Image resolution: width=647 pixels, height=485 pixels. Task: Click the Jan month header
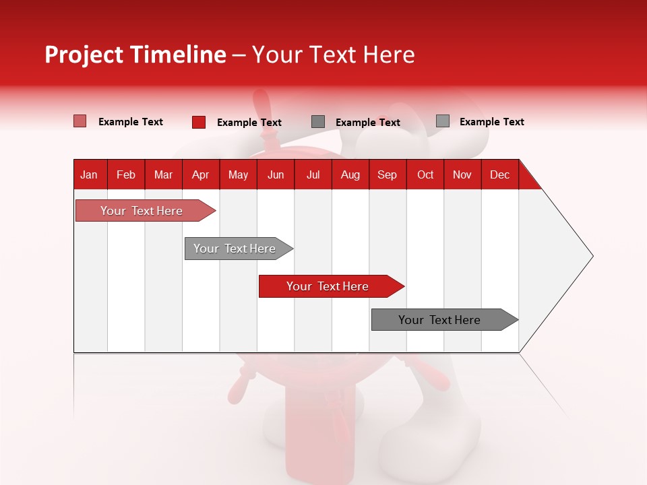click(89, 174)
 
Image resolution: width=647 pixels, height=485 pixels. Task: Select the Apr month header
click(201, 174)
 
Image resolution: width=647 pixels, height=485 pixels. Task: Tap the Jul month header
click(313, 174)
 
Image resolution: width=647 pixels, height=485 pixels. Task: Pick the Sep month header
click(387, 174)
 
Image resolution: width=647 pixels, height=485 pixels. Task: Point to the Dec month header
click(499, 174)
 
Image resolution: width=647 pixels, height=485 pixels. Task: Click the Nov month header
click(462, 174)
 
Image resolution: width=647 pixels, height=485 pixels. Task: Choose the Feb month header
click(126, 174)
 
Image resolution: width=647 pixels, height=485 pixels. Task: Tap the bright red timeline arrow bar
click(328, 286)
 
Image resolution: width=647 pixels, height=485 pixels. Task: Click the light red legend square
click(80, 121)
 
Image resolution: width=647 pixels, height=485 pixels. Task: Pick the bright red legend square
click(198, 122)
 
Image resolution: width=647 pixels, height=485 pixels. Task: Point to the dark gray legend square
click(318, 121)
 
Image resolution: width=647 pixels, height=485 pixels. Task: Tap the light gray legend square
click(442, 121)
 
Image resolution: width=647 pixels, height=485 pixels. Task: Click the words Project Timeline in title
click(135, 55)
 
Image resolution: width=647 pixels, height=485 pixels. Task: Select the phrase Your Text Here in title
click(333, 55)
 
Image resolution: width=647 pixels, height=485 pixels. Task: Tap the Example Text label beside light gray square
click(491, 122)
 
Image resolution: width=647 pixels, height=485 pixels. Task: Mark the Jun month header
click(276, 174)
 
